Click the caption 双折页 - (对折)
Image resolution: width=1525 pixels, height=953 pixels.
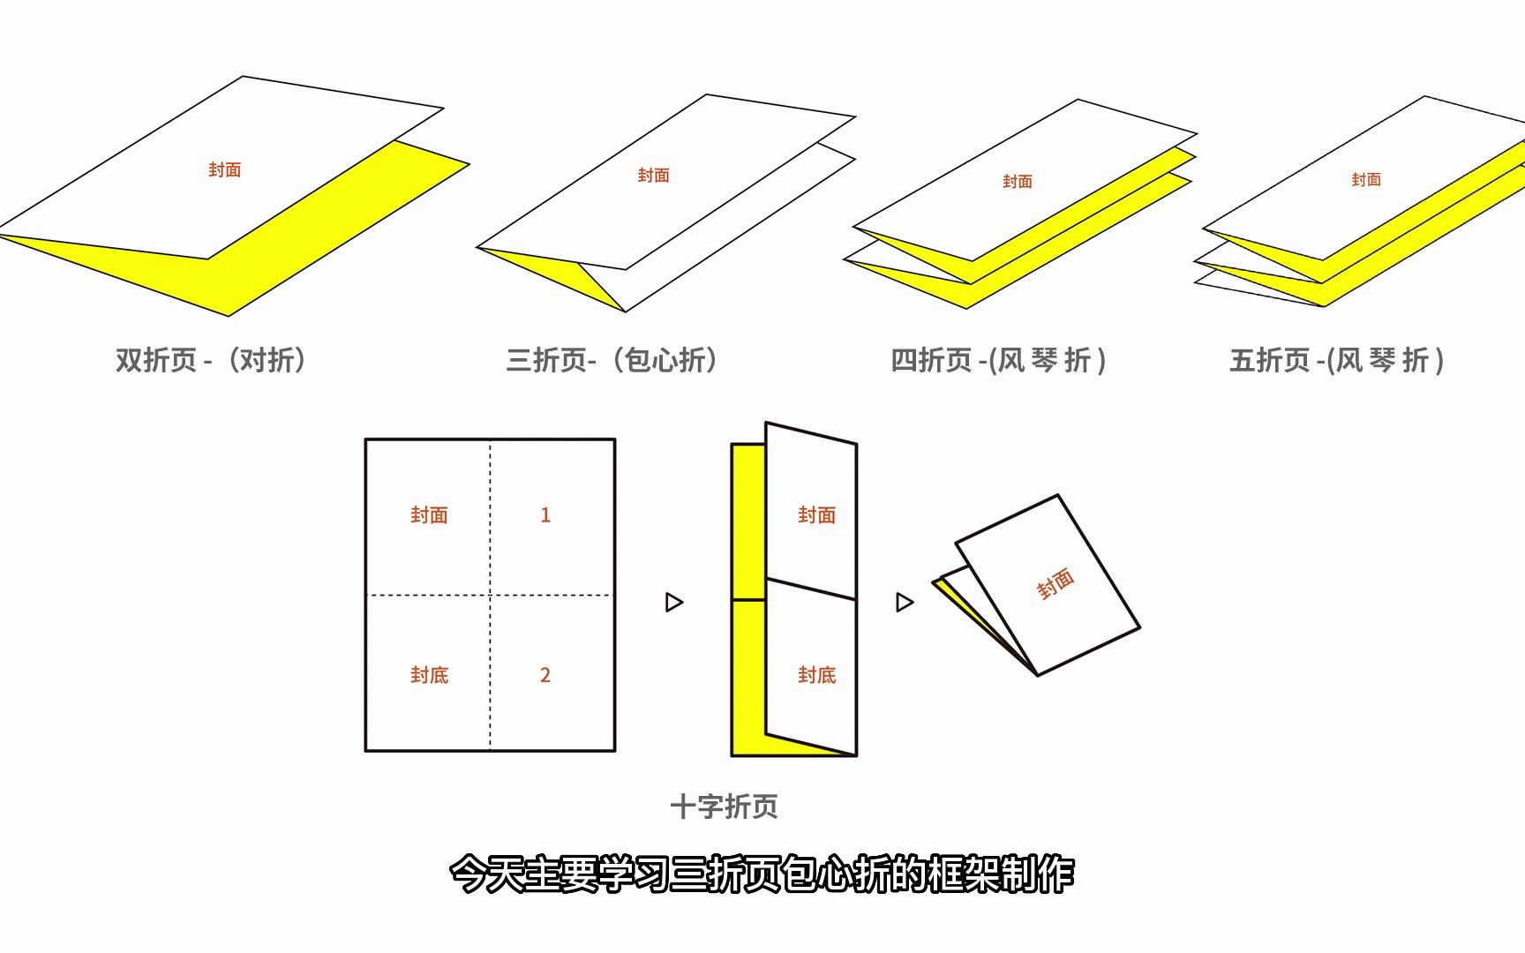211,360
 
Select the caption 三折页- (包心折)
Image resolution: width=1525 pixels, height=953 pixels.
612,360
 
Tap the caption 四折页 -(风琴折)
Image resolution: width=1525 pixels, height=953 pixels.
997,360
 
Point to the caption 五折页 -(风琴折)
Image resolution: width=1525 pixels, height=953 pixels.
1336,360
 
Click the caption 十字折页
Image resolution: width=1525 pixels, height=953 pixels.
724,807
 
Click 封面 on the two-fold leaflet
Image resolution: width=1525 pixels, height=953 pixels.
224,169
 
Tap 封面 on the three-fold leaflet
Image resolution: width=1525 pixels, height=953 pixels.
653,176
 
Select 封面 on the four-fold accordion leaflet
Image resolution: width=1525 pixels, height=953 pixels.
1017,182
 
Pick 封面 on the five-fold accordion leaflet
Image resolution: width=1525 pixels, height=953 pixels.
1365,180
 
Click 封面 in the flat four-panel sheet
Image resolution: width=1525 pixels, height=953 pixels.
429,515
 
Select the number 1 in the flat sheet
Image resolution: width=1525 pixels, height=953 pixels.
545,515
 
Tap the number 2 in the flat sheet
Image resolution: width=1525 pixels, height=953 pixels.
545,675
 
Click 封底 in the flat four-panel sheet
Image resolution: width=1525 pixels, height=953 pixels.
429,675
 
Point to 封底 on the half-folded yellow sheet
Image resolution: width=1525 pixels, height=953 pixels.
816,675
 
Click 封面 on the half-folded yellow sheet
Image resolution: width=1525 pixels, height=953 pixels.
816,515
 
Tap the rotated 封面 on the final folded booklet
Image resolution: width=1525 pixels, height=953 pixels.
1055,583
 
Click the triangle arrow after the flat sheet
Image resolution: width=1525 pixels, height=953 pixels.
674,602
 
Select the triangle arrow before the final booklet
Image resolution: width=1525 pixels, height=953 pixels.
905,602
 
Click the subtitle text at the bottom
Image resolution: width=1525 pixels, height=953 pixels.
762,874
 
